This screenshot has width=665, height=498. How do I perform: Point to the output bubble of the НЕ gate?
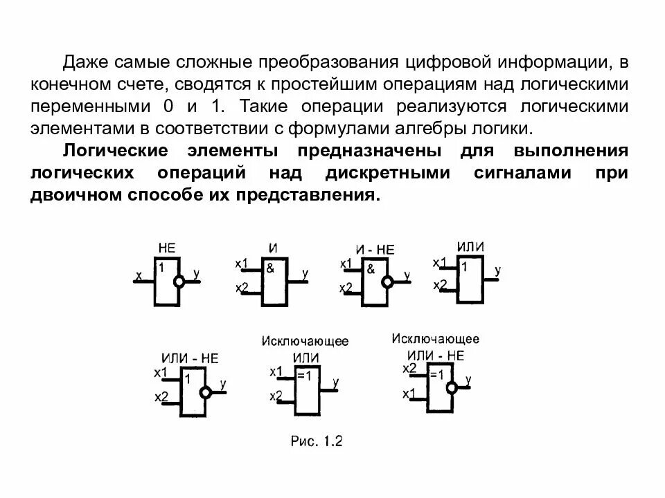coord(179,282)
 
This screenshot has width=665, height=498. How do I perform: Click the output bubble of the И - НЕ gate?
coord(387,282)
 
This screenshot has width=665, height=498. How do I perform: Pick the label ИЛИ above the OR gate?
coord(470,247)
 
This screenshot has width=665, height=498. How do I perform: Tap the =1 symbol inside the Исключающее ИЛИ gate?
coord(303,376)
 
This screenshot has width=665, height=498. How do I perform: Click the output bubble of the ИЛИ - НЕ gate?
coord(205,392)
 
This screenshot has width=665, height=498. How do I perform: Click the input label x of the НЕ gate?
coord(139,276)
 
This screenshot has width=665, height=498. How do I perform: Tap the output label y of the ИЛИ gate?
coord(498,270)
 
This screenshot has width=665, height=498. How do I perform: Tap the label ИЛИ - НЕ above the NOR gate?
coord(190,358)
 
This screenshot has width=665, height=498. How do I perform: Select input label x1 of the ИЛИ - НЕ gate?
coord(161,373)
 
